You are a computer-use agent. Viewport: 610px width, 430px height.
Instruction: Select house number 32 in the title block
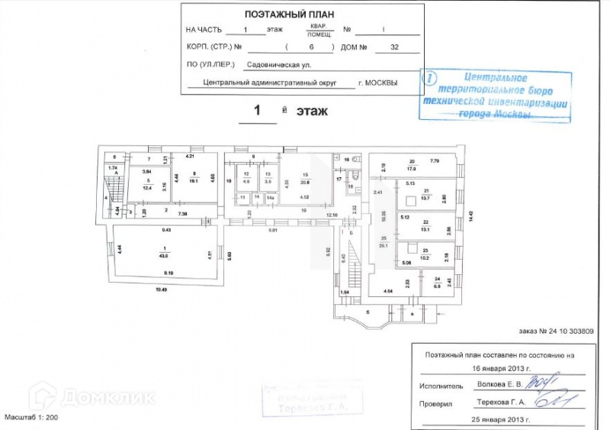click(393, 47)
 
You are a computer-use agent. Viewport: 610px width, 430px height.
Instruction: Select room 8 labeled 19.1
click(194, 179)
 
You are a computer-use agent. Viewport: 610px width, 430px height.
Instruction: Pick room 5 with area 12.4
click(147, 183)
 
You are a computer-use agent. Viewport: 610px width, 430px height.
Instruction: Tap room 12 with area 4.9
click(246, 179)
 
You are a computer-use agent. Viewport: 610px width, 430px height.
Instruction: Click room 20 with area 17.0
click(411, 166)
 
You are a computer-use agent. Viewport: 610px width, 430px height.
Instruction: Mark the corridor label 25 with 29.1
click(384, 242)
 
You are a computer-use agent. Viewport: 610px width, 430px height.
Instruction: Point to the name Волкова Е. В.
click(502, 385)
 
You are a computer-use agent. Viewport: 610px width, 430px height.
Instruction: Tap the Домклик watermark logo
click(91, 397)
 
